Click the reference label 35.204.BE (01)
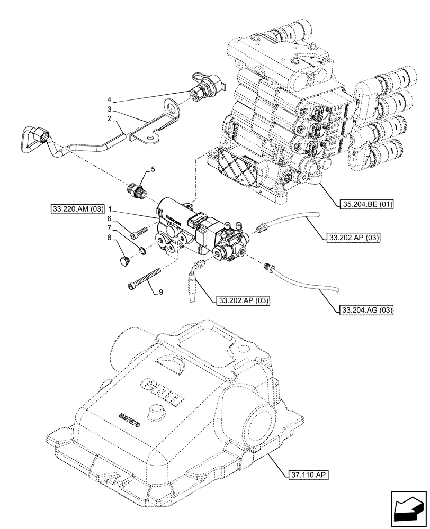click(364, 204)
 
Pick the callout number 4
click(109, 100)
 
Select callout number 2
click(109, 120)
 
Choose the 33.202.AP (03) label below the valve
click(244, 301)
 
